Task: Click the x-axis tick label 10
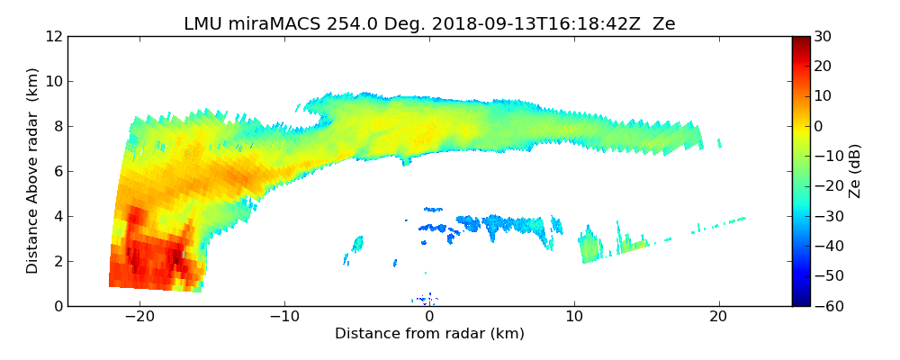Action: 574,317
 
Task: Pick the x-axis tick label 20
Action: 718,317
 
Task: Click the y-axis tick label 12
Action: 54,37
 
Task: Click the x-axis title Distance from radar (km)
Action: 429,334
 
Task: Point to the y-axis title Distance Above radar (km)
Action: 32,170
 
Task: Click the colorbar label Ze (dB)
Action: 856,171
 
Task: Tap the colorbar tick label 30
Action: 823,37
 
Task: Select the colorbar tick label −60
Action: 825,306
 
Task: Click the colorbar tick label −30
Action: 825,216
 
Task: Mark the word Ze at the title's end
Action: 663,24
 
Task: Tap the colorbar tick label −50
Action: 825,275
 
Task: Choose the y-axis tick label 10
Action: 54,81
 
